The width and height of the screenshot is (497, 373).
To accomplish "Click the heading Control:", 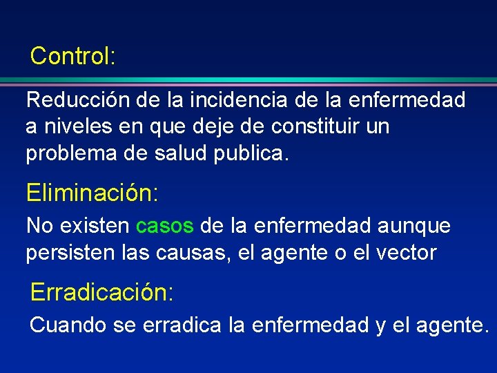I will [x=72, y=56].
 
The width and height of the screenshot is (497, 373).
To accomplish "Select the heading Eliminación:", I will [x=92, y=193].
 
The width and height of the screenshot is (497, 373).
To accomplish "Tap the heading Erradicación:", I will [x=101, y=292].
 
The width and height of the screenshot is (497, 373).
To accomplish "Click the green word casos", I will [x=165, y=226].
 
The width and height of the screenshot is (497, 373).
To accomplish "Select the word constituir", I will [x=313, y=127].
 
